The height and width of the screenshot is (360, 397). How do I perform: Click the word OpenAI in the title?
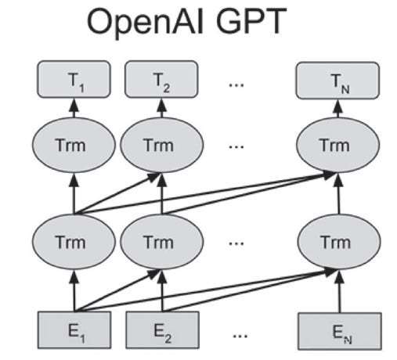click(145, 22)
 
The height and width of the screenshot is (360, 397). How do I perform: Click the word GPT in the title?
click(251, 21)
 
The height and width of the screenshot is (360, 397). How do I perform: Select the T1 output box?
click(74, 79)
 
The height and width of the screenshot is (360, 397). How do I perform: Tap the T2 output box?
click(161, 79)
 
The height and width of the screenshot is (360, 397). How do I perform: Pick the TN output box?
click(337, 81)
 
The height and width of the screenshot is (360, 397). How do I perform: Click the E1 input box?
click(74, 330)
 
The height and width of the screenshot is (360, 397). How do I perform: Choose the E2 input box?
click(162, 330)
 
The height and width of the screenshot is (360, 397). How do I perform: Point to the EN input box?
click(340, 331)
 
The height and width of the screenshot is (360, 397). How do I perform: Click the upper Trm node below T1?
click(74, 145)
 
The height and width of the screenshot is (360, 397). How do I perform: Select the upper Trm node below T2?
click(161, 145)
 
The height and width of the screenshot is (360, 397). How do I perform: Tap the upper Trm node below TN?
click(338, 145)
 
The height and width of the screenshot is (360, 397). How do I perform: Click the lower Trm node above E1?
click(74, 242)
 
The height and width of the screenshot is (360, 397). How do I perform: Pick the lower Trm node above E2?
click(161, 242)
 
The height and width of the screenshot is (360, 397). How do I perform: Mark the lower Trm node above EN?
click(339, 242)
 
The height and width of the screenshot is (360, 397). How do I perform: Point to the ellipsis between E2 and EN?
click(240, 336)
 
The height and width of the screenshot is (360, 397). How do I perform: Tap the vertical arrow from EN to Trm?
click(339, 291)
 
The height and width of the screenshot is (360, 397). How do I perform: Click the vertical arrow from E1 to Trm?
click(74, 290)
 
